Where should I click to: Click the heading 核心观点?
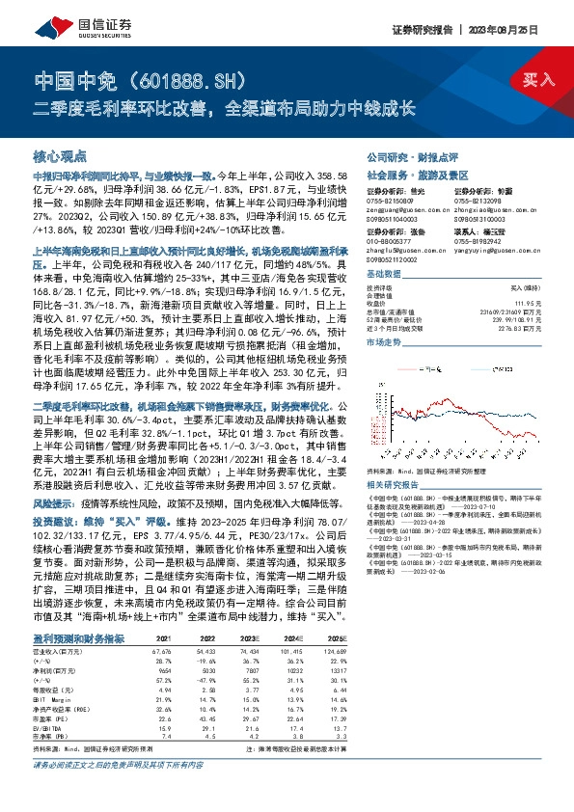click(61, 156)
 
